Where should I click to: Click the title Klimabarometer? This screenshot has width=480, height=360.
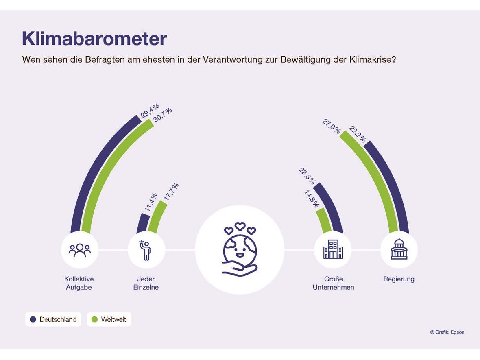coord(94,39)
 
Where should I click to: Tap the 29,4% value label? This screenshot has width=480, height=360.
coord(150,111)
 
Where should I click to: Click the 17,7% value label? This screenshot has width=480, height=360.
coord(171,192)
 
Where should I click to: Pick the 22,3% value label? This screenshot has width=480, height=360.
coord(307,176)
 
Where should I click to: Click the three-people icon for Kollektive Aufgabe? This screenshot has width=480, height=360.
coord(80,250)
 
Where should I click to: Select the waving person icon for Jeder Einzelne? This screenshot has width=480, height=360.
coord(146,250)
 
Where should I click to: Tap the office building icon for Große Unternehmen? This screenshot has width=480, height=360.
coord(333,249)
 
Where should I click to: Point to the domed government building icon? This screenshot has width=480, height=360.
coord(399,249)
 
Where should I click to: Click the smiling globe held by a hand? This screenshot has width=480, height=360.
coord(240,249)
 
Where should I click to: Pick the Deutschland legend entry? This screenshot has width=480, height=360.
coord(53,319)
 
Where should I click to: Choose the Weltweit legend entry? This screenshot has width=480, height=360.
coord(109,319)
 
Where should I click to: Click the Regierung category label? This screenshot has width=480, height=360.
coord(399,279)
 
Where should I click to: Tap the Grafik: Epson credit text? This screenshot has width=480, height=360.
coord(447,332)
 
